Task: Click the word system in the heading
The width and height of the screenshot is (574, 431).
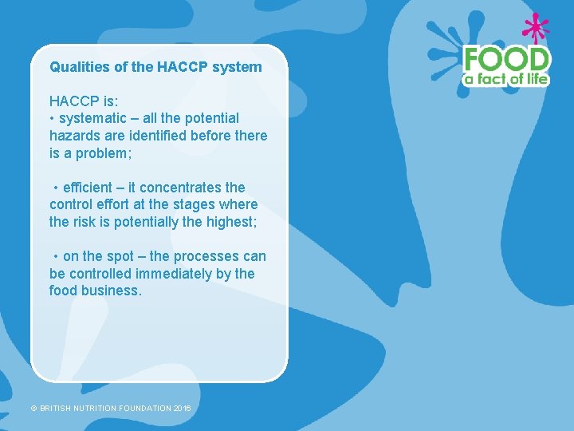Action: [238, 67]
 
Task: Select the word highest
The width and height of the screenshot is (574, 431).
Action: [230, 222]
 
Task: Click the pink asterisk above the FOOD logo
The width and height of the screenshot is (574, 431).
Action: [535, 28]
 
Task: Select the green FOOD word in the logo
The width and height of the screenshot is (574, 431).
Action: [506, 59]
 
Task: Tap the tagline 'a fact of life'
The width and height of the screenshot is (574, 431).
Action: [506, 78]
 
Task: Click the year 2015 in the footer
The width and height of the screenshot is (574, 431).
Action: [182, 409]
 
